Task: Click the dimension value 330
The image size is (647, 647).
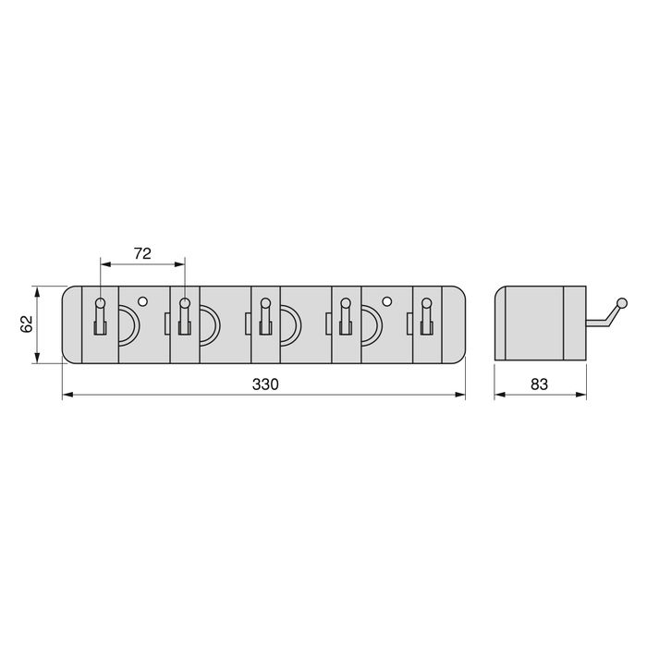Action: (x=263, y=384)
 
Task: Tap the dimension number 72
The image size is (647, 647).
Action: (x=142, y=252)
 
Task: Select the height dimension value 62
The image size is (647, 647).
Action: (x=26, y=324)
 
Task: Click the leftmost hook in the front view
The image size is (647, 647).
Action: (x=102, y=315)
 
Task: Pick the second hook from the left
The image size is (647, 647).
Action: (x=184, y=315)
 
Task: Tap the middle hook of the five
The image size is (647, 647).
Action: (x=264, y=315)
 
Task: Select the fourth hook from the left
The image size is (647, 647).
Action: (x=345, y=315)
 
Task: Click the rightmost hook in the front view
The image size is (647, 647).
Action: (x=426, y=315)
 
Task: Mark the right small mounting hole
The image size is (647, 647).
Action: (x=386, y=300)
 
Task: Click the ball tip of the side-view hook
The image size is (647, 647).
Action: (x=623, y=303)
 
